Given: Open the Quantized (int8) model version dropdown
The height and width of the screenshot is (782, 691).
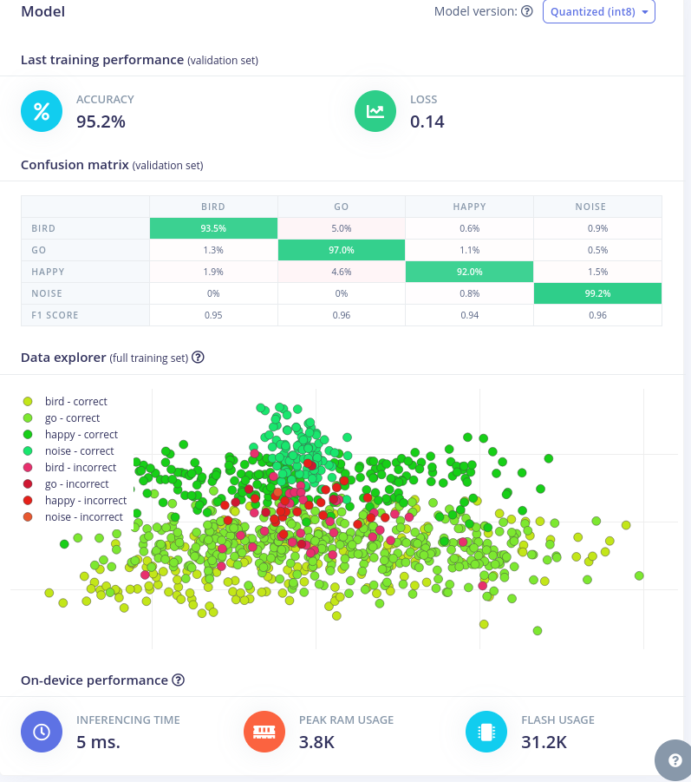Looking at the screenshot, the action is click(598, 11).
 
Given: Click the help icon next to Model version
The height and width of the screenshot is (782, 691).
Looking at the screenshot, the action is click(526, 11).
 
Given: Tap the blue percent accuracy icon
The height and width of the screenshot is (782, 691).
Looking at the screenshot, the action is click(42, 111).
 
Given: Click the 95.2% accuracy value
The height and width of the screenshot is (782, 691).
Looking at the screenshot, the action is click(101, 122).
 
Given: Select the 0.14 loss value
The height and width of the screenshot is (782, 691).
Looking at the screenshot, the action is click(427, 122).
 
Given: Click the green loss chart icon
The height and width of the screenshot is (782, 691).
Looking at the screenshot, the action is click(375, 111).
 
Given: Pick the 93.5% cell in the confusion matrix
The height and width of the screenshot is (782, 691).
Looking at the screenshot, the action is click(213, 228).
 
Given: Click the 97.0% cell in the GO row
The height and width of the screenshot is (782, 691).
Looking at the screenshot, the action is click(342, 250).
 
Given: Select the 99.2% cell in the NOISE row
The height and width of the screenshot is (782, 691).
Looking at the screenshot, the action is click(597, 293).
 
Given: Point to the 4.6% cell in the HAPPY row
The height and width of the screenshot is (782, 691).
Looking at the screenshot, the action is click(342, 272).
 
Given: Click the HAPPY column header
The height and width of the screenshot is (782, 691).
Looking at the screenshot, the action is click(469, 207).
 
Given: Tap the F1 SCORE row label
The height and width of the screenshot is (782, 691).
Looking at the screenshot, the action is click(55, 315).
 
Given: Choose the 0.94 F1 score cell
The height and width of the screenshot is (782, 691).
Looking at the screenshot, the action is click(469, 315).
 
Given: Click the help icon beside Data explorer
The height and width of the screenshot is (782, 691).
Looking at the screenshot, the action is click(198, 357).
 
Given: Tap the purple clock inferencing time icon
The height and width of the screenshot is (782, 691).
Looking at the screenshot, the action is click(42, 732).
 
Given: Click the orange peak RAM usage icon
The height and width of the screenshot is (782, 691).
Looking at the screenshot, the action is click(264, 732).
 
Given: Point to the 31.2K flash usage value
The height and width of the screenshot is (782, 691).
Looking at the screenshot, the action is click(544, 742).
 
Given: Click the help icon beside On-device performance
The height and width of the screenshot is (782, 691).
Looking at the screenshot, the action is click(179, 680).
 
